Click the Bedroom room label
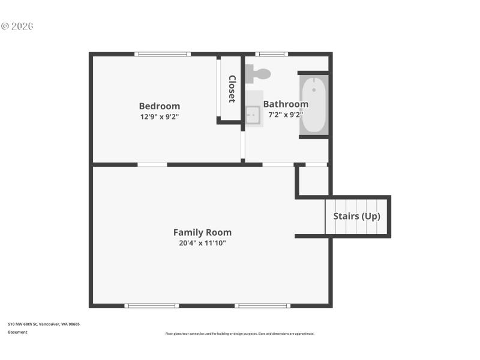[160, 106]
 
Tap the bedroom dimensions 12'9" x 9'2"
[160, 117]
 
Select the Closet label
[232, 89]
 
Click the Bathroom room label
[286, 104]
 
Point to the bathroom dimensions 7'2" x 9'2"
[286, 114]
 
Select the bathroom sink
[253, 114]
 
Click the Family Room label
[202, 232]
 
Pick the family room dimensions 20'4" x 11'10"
[202, 243]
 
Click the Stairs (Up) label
[356, 216]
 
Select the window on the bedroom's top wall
[163, 54]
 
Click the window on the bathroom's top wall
[271, 54]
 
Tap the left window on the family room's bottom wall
[152, 305]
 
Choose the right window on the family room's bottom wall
[262, 305]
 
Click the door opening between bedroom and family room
[152, 164]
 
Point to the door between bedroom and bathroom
[242, 146]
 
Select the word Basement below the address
[17, 332]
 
